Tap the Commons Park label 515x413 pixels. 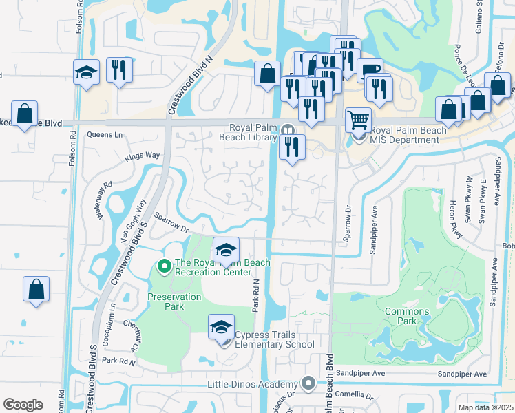[x=407, y=317]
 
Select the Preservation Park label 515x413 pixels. [x=174, y=301]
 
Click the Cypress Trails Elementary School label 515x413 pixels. [x=275, y=340]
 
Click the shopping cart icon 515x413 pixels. [x=358, y=120]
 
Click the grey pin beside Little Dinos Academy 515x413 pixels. [x=308, y=383]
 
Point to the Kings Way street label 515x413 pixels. [x=143, y=157]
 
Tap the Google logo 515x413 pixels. [x=23, y=405]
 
